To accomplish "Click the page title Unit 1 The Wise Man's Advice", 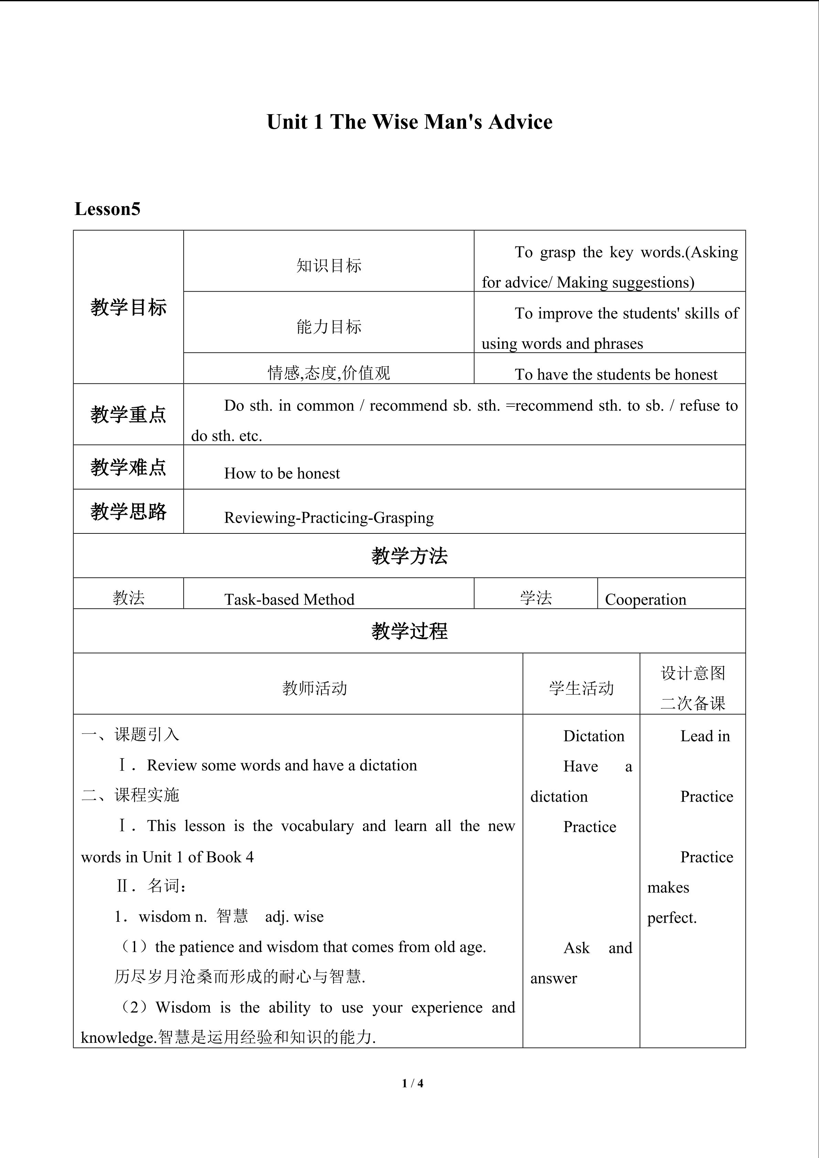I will [x=409, y=122].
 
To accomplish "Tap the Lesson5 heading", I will [x=107, y=209].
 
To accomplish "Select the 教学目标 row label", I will [x=129, y=307].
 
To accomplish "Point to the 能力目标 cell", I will [x=329, y=327].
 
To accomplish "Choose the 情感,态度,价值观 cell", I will [x=329, y=373].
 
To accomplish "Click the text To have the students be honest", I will [x=615, y=374].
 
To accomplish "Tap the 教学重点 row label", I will [x=129, y=414].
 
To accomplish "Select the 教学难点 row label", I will [x=129, y=467].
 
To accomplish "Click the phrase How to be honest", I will [x=282, y=473].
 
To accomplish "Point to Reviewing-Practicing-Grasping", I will [x=329, y=518].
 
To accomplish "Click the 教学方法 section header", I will [x=409, y=556].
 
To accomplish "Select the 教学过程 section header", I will [x=409, y=631].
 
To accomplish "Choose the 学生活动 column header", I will [x=581, y=688].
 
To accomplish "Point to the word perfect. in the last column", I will [x=672, y=917].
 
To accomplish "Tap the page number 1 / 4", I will [x=412, y=1083].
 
